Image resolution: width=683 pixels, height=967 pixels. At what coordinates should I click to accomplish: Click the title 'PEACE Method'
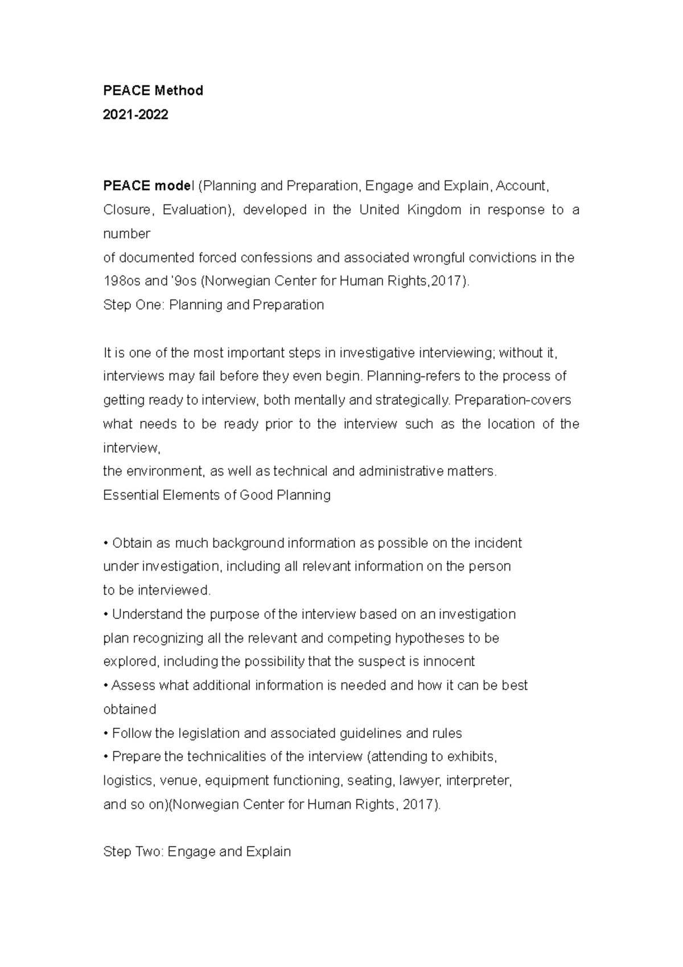[x=153, y=91]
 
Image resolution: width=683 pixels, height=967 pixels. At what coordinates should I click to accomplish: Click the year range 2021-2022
[x=135, y=114]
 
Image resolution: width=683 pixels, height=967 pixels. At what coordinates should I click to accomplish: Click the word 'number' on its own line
[x=126, y=233]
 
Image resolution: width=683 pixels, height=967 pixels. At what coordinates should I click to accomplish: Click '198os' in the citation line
[x=119, y=281]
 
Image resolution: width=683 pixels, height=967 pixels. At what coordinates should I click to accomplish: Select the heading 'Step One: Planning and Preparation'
[x=213, y=305]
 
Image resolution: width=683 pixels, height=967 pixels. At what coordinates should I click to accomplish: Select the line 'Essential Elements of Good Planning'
[x=217, y=495]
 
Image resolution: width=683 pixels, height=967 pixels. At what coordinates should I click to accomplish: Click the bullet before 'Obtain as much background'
[x=106, y=543]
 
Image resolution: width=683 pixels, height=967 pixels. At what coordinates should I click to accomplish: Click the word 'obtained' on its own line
[x=129, y=710]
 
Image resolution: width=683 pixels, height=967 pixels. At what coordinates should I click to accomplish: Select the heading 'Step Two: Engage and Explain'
[x=197, y=852]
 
